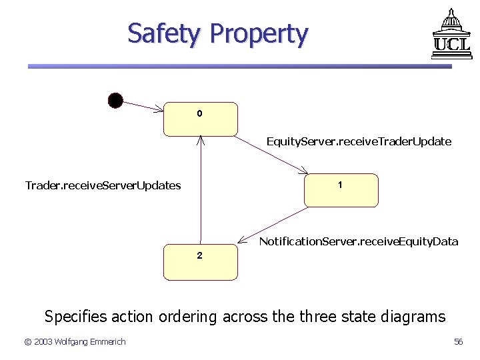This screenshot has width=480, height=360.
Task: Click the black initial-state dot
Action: point(115,100)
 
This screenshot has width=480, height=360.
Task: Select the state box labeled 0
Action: point(200,119)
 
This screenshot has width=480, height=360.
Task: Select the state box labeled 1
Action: point(341,190)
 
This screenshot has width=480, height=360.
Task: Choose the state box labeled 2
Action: point(200,261)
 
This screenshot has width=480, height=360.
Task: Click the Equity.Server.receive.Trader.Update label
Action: point(359,141)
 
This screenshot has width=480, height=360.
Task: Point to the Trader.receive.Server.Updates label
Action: point(103,185)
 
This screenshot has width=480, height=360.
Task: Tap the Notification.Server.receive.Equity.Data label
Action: point(358,241)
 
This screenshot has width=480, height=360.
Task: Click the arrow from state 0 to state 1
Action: point(270,155)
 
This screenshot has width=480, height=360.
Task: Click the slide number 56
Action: point(458,342)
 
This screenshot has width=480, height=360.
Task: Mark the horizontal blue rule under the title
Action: point(240,66)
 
